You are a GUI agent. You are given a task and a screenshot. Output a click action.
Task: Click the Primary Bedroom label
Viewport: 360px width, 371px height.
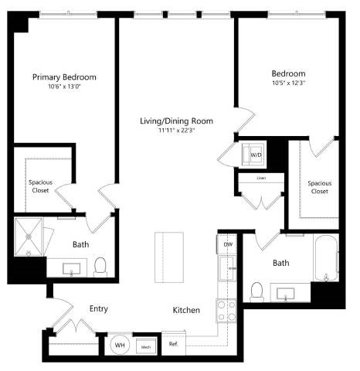[x=64, y=77]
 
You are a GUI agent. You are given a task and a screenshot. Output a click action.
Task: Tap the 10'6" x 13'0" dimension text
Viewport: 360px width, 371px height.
[x=64, y=87]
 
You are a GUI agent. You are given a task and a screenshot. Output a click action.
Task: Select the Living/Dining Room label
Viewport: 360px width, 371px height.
[x=176, y=121]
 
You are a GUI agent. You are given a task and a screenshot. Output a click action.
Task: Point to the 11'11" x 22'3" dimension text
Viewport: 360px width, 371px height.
[x=176, y=131]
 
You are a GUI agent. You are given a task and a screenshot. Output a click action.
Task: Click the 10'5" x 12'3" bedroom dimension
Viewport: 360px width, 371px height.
[x=288, y=83]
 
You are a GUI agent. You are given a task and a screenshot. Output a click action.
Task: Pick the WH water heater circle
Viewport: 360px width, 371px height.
[x=121, y=345]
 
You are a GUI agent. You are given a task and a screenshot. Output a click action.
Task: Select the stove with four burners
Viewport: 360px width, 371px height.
[x=226, y=311]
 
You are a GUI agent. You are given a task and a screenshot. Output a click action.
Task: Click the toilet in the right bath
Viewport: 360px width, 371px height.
[x=256, y=291]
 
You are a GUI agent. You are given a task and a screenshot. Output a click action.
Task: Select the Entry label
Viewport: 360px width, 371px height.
[x=97, y=309]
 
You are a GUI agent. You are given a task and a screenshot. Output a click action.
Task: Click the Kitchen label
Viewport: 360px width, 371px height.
[x=186, y=310]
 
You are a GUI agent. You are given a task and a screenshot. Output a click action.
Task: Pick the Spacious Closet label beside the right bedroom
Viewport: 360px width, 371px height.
[x=319, y=187]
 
